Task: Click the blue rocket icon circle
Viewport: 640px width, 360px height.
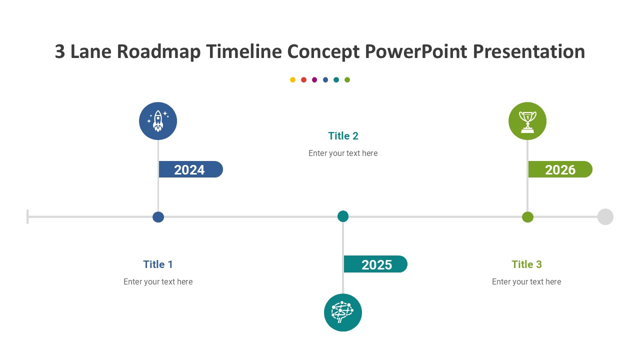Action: click(x=158, y=121)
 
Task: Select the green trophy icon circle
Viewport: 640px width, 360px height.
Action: click(x=527, y=121)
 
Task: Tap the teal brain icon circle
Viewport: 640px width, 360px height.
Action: click(x=343, y=312)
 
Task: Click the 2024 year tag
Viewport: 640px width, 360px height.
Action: click(x=190, y=169)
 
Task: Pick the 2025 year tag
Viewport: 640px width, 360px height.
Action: click(x=375, y=264)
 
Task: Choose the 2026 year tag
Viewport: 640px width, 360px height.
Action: click(x=560, y=169)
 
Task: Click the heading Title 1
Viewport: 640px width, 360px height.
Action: click(x=158, y=264)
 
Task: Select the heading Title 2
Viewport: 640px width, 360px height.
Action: click(x=343, y=136)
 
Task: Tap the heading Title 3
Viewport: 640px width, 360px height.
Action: click(x=526, y=264)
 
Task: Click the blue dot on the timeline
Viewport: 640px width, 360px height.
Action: click(x=158, y=217)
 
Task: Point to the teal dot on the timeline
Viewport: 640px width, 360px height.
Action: click(x=343, y=216)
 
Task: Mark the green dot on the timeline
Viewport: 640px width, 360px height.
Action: click(x=527, y=217)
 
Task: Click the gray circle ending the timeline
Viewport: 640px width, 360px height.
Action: click(x=605, y=217)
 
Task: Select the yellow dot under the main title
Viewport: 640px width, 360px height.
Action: click(x=293, y=80)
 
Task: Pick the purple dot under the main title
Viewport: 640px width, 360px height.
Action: click(x=314, y=80)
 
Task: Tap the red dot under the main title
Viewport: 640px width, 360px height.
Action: click(x=303, y=80)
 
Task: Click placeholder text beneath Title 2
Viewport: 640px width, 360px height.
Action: click(x=343, y=153)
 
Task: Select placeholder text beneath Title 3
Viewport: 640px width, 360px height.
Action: click(x=526, y=282)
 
